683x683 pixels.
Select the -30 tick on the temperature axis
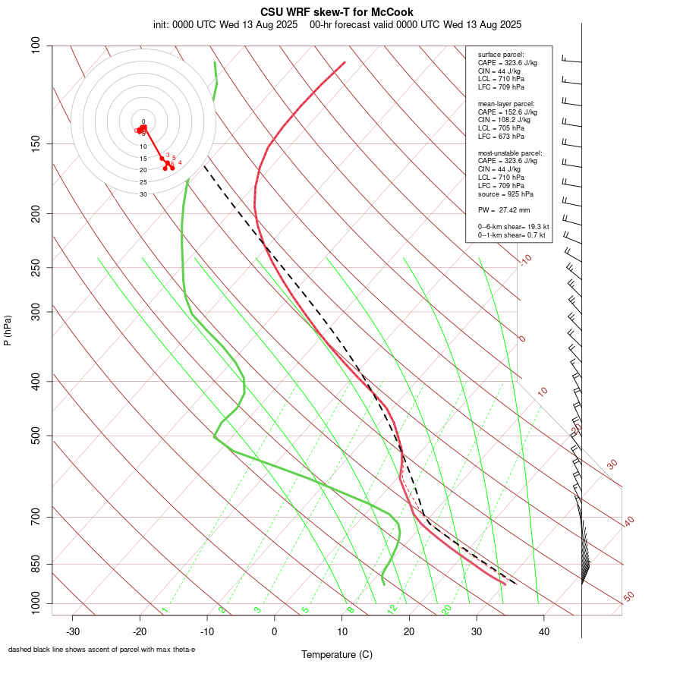[73, 631]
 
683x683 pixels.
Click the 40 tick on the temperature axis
[543, 631]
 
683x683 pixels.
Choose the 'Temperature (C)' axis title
[337, 654]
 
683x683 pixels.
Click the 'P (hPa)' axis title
[8, 330]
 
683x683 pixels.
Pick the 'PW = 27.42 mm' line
[504, 209]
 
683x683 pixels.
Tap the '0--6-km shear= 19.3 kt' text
[514, 226]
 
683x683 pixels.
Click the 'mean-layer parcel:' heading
[506, 103]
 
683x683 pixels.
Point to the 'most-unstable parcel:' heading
[510, 153]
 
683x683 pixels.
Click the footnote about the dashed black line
[102, 650]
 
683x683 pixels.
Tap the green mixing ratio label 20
[446, 609]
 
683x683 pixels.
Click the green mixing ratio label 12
[392, 609]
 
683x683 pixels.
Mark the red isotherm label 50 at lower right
[628, 596]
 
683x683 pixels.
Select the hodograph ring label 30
[143, 194]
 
